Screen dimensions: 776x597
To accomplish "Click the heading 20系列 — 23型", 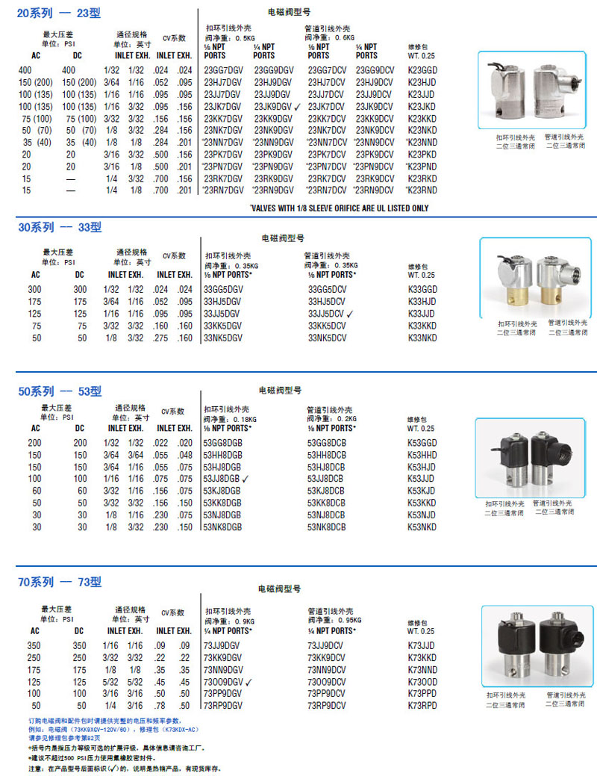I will pos(59,13).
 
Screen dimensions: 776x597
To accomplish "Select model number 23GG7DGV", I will pos(223,69).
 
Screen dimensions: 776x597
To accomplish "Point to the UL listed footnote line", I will pos(339,208).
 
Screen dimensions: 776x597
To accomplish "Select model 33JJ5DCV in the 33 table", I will pos(327,314).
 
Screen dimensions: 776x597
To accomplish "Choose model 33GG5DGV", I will pos(223,288).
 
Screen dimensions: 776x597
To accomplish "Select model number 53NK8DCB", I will pos(327,527).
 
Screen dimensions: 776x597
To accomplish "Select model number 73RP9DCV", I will pos(326,706).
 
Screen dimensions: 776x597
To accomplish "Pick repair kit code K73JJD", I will pos(422,645).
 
